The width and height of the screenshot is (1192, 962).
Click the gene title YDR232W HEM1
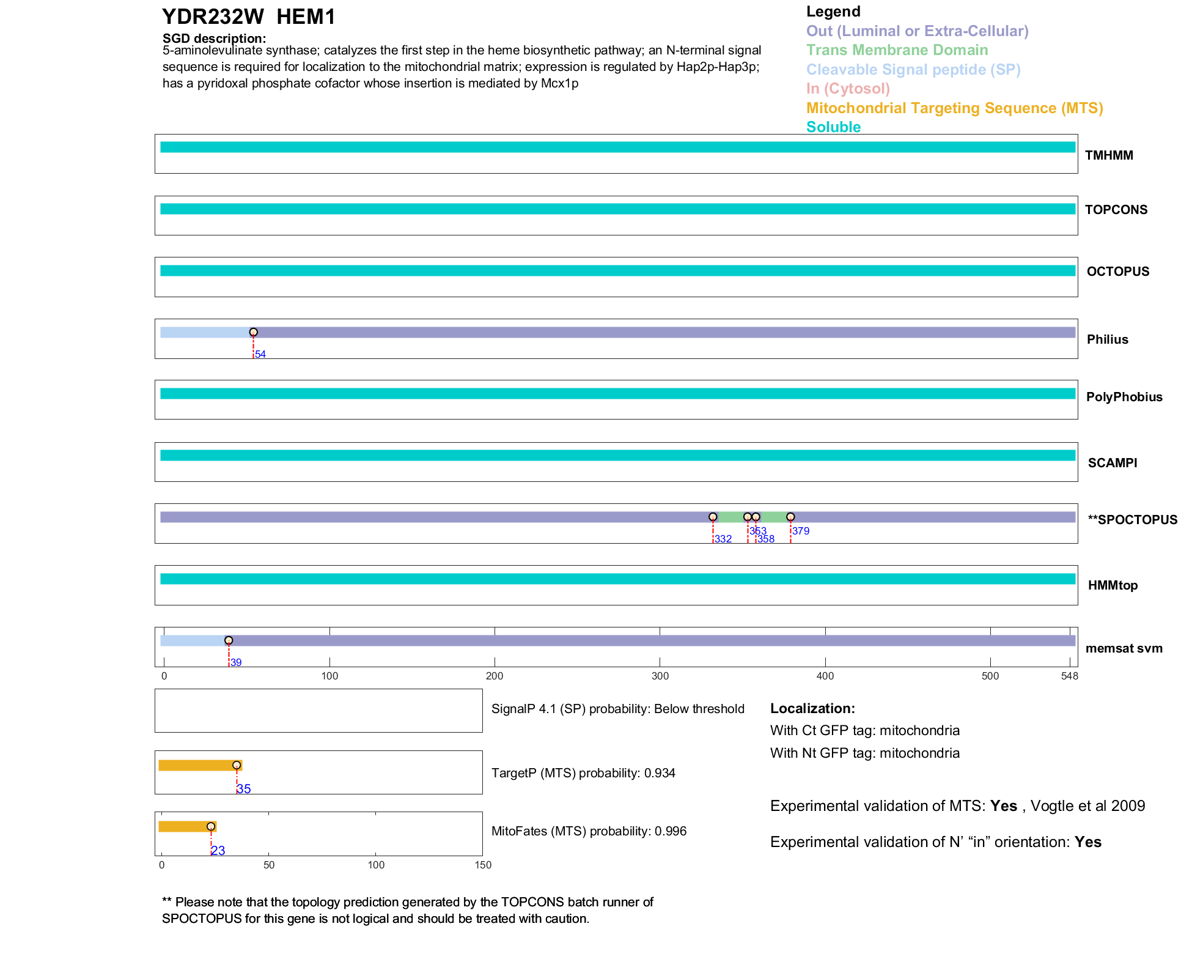click(x=248, y=17)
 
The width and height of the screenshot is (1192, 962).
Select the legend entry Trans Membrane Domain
click(x=897, y=50)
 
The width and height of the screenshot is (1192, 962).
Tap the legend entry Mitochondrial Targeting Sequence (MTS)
click(x=954, y=108)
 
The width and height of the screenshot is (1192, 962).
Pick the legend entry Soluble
click(x=833, y=127)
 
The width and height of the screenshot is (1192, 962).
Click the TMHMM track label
click(x=1108, y=155)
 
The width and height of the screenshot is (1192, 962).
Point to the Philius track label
click(x=1107, y=339)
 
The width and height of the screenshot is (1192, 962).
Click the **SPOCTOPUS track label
click(x=1132, y=520)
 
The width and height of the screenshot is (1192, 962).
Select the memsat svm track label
click(x=1124, y=648)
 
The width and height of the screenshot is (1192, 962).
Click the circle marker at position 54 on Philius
click(x=253, y=332)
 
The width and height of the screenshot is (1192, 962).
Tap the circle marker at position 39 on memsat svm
click(x=229, y=640)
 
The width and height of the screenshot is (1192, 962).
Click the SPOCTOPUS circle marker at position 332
click(x=713, y=517)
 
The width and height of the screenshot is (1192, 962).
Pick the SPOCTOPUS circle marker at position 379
click(x=790, y=517)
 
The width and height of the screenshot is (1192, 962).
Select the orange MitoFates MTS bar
click(x=187, y=827)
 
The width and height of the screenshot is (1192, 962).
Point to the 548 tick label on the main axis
click(x=1070, y=676)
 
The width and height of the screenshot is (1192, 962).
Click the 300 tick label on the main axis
click(x=660, y=676)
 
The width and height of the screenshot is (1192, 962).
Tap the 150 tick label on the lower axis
click(x=483, y=865)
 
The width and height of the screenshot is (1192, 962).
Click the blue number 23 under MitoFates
click(x=218, y=851)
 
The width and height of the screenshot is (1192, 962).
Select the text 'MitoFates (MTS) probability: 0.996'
click(x=589, y=831)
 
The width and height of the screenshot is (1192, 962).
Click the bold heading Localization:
click(x=812, y=709)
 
